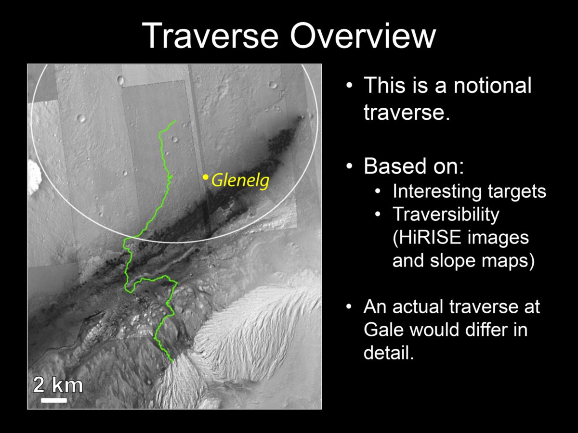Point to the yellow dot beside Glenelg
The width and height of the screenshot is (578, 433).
(x=205, y=178)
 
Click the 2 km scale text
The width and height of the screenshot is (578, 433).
(x=57, y=385)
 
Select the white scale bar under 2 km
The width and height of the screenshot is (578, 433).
(x=54, y=400)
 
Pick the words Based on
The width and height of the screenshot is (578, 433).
(x=413, y=166)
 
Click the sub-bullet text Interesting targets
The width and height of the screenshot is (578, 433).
(x=469, y=191)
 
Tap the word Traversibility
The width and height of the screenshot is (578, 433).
(x=446, y=215)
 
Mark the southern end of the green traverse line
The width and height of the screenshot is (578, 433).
(x=172, y=360)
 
